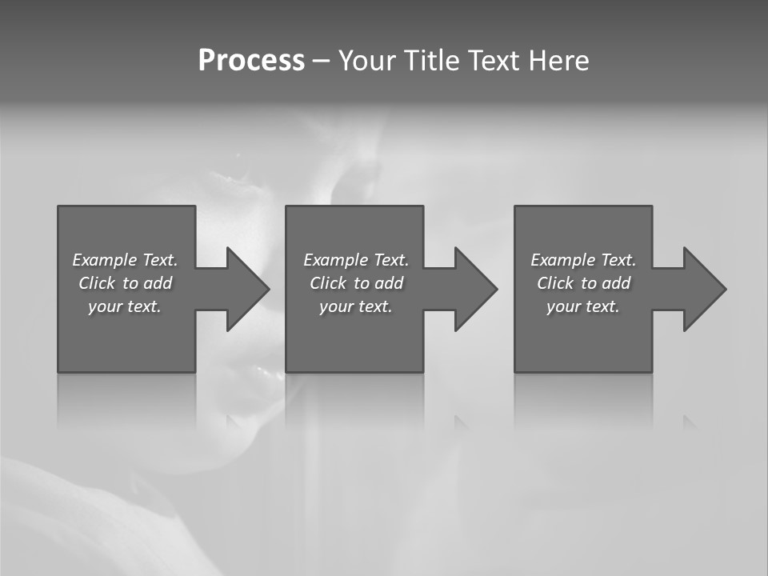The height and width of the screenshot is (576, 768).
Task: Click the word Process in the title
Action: pos(251,61)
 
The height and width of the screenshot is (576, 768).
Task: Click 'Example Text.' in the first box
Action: pos(125,260)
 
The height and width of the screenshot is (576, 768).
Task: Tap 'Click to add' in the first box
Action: pos(125,283)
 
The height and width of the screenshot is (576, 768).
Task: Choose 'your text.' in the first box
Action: pos(125,306)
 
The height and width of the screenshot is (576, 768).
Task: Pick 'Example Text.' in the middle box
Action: pos(356,260)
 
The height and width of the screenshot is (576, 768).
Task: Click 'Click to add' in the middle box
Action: pos(356,283)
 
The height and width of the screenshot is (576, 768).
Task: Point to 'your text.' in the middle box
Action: pos(356,306)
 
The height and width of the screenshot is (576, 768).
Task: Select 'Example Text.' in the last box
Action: pos(583,260)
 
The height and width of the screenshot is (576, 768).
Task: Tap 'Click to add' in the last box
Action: pos(583,283)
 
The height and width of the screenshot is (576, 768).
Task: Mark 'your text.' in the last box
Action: pos(583,306)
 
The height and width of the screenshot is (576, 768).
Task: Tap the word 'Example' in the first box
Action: pos(105,260)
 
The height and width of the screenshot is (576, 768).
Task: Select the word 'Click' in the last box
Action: pos(555,283)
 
